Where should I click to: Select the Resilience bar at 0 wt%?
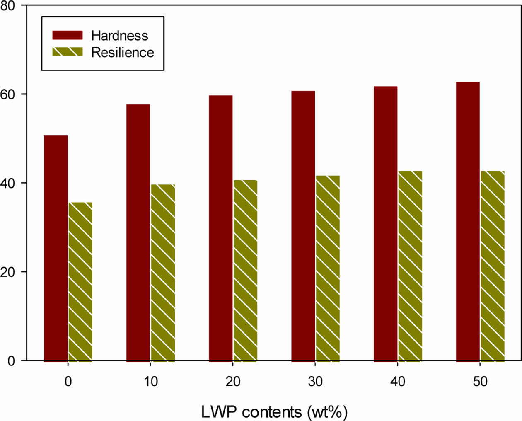point(80,282)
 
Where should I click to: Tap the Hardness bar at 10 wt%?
point(138,232)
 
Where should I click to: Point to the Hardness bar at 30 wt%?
point(303,226)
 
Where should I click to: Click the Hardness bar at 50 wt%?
point(468,222)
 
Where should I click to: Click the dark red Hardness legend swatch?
point(67,35)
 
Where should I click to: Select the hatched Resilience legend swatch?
point(67,52)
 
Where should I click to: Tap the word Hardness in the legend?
point(119,36)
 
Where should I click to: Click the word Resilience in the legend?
point(122,53)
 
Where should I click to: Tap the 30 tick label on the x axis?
point(315,381)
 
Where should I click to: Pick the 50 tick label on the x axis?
point(480,381)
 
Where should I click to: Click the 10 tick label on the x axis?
point(151,381)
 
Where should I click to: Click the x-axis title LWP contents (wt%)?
point(274,412)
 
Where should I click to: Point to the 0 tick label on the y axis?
point(11,361)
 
